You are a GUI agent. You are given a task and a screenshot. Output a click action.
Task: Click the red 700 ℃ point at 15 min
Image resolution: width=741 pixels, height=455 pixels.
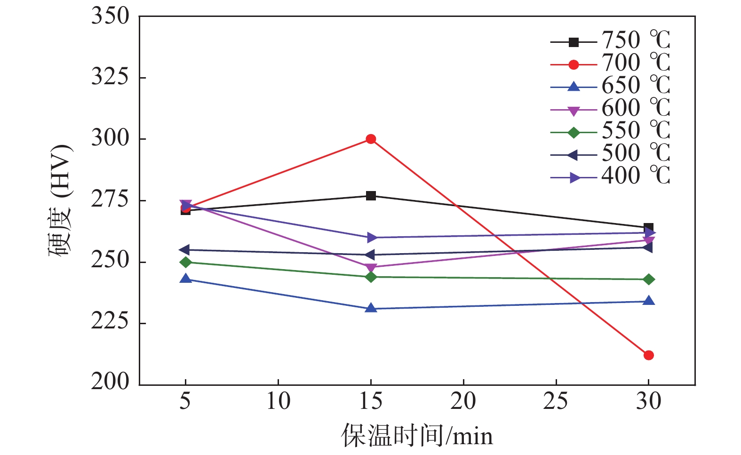click(x=371, y=139)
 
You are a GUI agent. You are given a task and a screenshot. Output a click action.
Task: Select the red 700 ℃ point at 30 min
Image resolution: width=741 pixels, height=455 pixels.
click(x=648, y=355)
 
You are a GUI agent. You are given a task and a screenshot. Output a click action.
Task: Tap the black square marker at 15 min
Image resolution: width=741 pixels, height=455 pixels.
click(x=371, y=196)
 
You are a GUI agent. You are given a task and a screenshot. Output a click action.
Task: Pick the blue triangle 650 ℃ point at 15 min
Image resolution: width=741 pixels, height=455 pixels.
click(x=371, y=308)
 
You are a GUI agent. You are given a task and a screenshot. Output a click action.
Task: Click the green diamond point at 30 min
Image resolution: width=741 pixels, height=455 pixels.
click(x=648, y=279)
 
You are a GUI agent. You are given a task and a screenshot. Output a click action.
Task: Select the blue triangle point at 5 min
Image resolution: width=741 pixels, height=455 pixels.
click(x=186, y=279)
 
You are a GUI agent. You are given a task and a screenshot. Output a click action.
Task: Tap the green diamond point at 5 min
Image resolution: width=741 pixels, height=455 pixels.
click(x=186, y=262)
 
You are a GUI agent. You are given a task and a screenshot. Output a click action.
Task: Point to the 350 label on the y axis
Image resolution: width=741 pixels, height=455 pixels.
click(x=110, y=16)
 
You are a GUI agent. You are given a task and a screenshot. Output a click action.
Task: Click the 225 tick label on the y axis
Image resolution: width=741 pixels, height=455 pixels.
click(x=110, y=322)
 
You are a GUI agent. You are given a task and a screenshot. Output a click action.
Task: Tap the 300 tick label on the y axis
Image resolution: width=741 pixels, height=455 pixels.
click(x=110, y=139)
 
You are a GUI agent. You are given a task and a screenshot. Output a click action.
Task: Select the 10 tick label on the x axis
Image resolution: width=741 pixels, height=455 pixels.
click(x=278, y=401)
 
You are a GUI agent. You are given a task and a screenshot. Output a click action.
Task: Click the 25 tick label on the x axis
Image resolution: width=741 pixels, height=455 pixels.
click(x=556, y=401)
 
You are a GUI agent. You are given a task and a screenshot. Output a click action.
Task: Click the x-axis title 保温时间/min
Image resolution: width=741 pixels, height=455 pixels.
click(x=417, y=436)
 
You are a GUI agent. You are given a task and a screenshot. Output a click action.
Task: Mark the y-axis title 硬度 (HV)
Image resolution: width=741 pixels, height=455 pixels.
click(x=61, y=200)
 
